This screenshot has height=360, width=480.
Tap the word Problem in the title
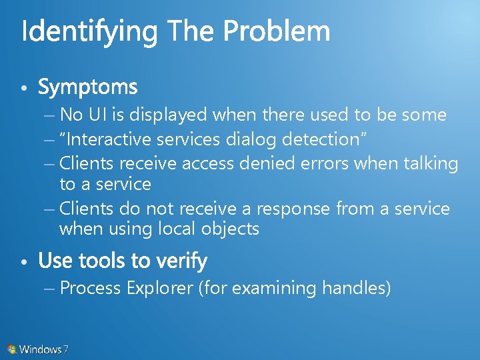(276, 31)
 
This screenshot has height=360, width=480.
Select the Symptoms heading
(88, 87)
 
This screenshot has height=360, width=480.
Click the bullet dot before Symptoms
(24, 89)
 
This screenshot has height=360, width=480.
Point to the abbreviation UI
(97, 115)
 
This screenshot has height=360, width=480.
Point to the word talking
(431, 163)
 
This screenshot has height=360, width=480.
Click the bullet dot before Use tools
(24, 262)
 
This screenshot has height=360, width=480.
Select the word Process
(90, 289)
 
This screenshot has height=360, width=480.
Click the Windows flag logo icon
(12, 349)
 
